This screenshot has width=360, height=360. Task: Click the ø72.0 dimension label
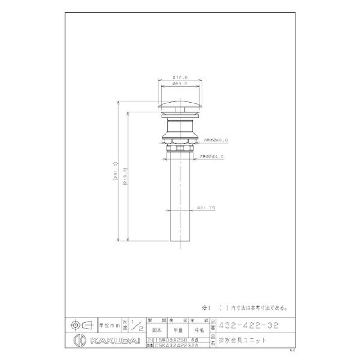point(180,77)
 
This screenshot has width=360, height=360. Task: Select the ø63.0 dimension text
point(180,85)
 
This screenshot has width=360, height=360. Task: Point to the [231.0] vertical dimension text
point(115,171)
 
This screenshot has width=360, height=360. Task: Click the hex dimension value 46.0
point(222,140)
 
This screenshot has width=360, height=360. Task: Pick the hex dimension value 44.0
point(218,157)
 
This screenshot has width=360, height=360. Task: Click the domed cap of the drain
point(180,104)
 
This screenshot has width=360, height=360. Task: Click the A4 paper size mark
point(292,349)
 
